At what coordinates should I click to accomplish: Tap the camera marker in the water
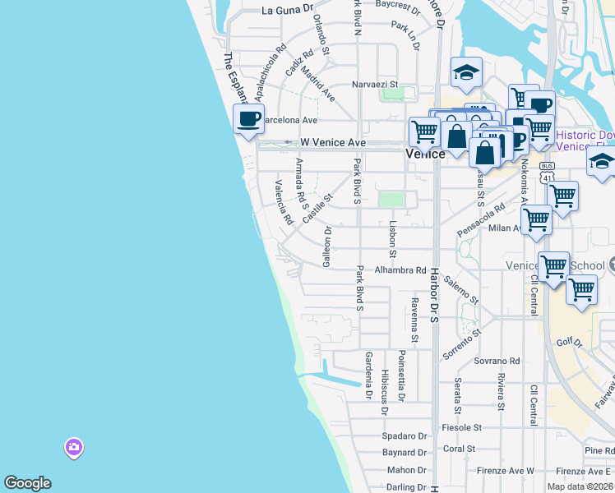[x=74, y=448]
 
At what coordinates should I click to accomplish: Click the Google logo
[x=27, y=483]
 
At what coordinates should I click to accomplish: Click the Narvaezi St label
[x=374, y=84]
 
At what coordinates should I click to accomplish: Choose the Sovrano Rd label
[x=497, y=361]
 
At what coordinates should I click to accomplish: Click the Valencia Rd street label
[x=284, y=203]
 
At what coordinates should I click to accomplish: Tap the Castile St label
[x=317, y=209]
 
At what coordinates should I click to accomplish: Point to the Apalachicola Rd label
[x=271, y=71]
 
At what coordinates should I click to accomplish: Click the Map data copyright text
[x=580, y=486]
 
